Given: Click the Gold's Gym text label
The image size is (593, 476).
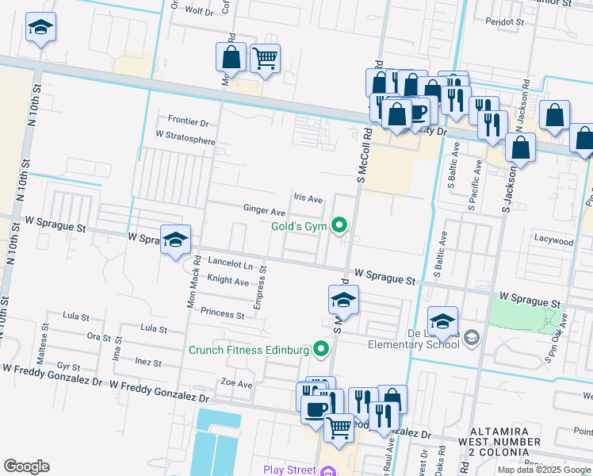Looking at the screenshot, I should pos(299,227).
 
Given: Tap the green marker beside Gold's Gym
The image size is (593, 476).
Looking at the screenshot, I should pos(340,226).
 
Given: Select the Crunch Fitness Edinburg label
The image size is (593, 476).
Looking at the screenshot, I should pos(248,350).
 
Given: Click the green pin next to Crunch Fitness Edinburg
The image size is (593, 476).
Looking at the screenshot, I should pos(321,348).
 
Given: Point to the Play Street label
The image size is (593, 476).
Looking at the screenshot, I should pos(290,470).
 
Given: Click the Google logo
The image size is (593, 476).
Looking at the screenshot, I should pos(26,466).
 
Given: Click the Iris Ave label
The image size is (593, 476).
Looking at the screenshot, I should pos(308,199).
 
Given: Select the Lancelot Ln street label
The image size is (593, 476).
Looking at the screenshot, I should pos(230,263).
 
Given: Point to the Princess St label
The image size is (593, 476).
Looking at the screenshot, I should pos(222,314).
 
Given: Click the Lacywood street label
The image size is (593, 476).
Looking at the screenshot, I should pos(553,240).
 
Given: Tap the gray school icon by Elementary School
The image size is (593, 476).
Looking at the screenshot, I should pos(472,338).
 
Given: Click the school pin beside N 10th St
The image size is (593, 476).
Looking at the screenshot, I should pos(40,29).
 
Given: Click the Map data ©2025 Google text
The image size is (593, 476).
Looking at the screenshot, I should pos(543,470).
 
